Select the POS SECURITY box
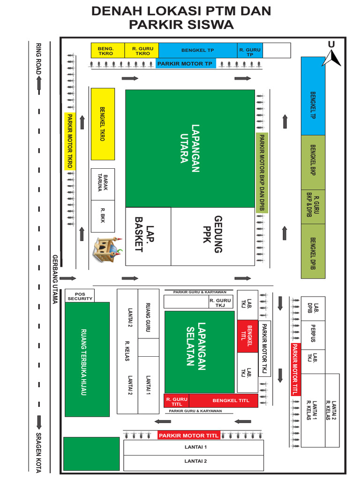(x=80, y=296)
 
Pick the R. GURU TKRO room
(x=142, y=51)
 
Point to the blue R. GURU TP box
(x=249, y=51)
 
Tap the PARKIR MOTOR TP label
(x=185, y=64)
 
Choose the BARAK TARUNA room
(x=103, y=181)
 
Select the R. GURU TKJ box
(x=220, y=302)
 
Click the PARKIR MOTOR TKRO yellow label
(x=70, y=141)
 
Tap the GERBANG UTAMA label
(x=55, y=279)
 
